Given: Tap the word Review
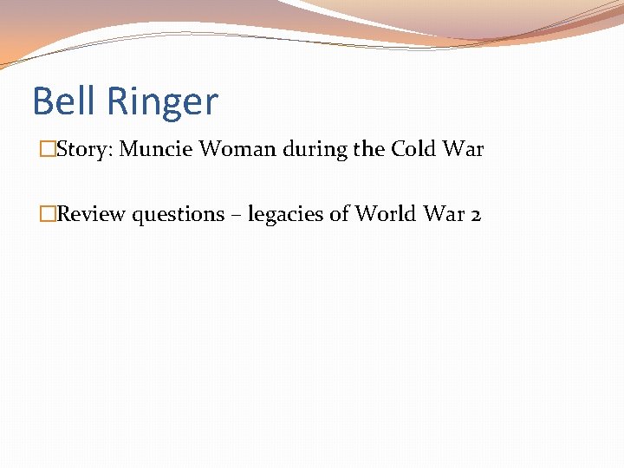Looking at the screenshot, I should tap(91, 214).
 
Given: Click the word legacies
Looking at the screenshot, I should tap(283, 215).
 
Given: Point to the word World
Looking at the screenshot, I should tap(380, 214).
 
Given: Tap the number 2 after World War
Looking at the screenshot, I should tap(474, 215).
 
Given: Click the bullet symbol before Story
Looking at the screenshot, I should tap(48, 149).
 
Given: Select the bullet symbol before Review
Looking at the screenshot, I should tap(48, 214).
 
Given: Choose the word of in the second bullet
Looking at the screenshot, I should tap(336, 214).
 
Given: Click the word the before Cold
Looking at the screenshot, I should tap(368, 149).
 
